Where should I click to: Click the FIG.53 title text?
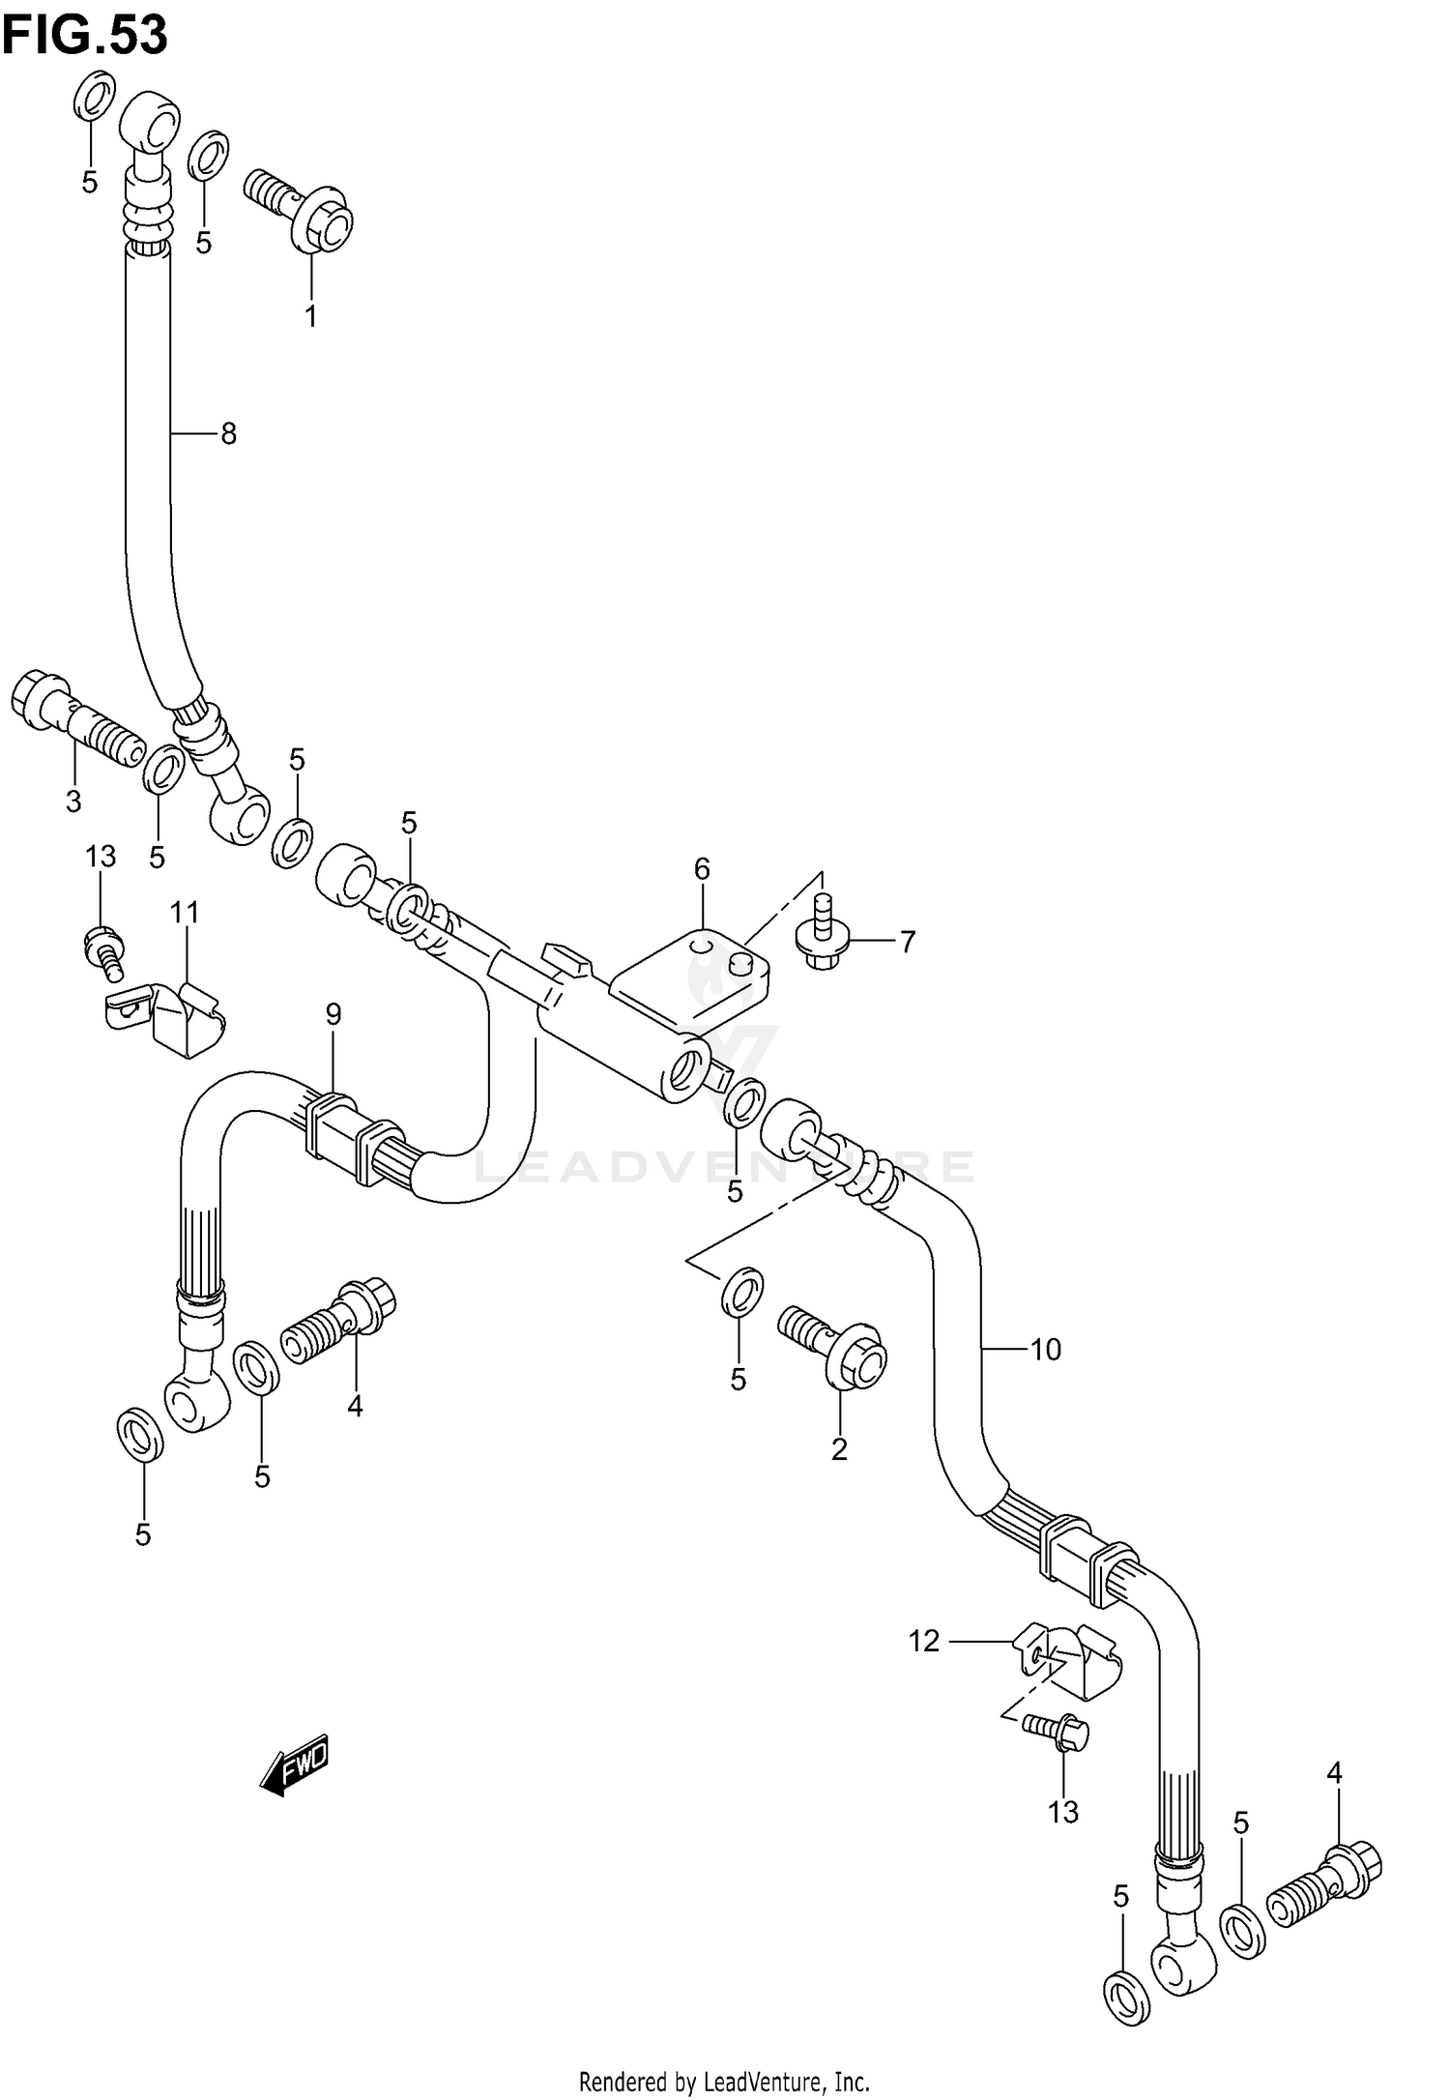pos(85,36)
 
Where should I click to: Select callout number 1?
pos(311,316)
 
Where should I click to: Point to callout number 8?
pos(228,434)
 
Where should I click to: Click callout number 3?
pos(73,801)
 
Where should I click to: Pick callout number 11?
pos(185,912)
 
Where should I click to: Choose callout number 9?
pos(333,1014)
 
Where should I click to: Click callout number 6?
pos(702,869)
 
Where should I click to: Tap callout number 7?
pos(907,941)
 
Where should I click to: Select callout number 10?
pos(1046,1349)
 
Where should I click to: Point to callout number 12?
pos(924,1641)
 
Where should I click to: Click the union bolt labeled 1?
pos(300,208)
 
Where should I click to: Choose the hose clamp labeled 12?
pos(1068,1663)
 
